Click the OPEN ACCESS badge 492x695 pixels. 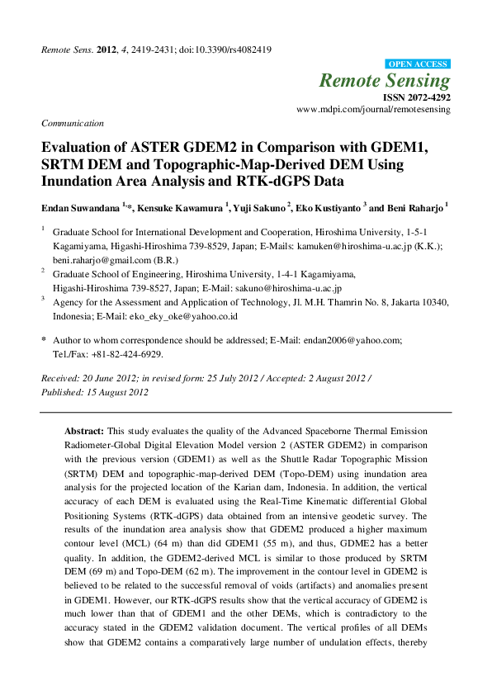(418, 64)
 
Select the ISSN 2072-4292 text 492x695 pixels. (416, 97)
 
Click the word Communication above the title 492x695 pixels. (73, 123)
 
